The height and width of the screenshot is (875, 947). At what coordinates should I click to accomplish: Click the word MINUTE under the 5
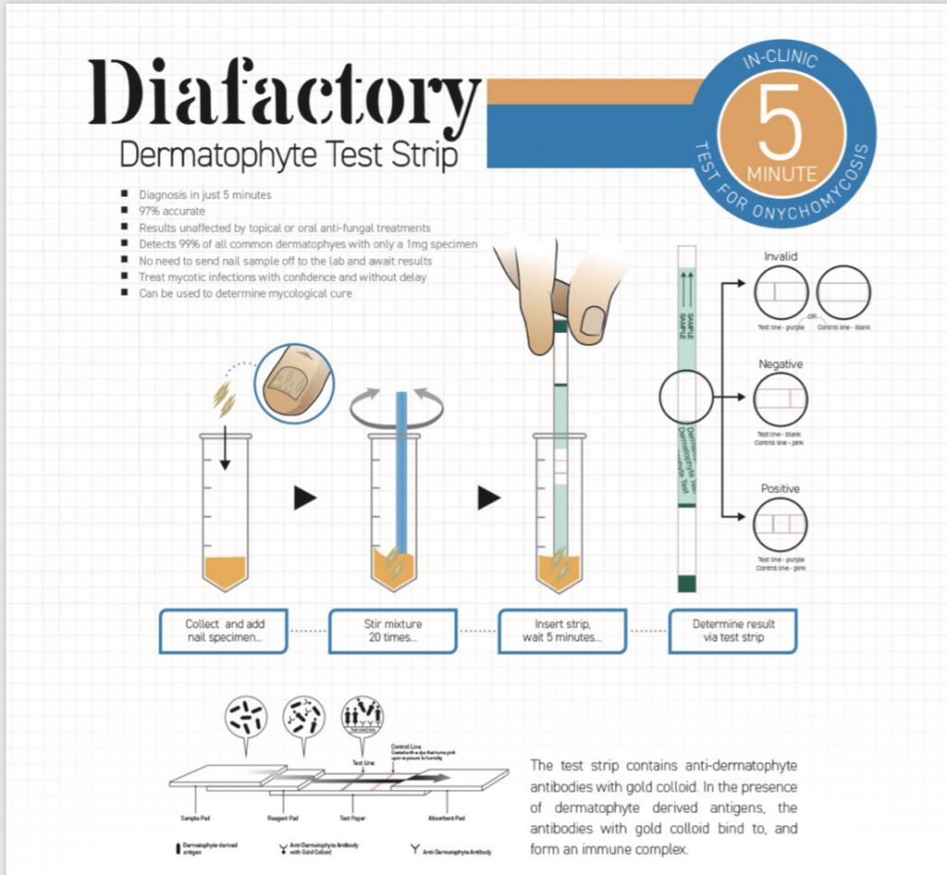[x=781, y=173]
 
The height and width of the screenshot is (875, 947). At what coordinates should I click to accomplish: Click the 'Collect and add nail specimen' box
[x=224, y=631]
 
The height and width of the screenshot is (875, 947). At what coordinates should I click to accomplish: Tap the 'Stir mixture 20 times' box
[x=393, y=631]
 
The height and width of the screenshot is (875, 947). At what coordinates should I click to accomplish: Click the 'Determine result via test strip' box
[x=733, y=631]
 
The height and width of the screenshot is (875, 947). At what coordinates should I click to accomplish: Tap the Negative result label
[x=781, y=364]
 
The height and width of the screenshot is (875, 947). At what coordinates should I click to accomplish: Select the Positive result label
[x=781, y=488]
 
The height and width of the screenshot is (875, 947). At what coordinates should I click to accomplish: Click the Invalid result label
[x=781, y=256]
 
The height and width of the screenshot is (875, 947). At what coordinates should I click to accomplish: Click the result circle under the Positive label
[x=781, y=525]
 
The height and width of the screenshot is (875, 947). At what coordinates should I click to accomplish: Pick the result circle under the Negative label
[x=781, y=401]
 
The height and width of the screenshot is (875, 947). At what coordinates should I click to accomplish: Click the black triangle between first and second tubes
[x=305, y=499]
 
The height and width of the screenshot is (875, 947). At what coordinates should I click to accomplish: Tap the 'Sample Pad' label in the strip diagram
[x=193, y=819]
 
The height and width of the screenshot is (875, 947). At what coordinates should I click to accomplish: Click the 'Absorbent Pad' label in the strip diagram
[x=446, y=819]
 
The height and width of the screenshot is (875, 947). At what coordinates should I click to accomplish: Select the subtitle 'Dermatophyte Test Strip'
[x=289, y=154]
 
